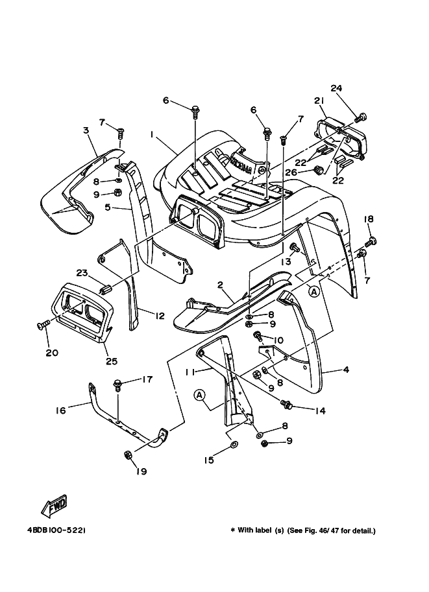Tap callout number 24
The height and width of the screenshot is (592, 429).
point(336,88)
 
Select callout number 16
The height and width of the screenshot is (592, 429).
point(60,410)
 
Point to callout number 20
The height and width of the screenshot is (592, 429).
point(51,353)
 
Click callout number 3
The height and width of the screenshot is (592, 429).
point(86,131)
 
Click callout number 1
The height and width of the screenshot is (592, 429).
point(151,136)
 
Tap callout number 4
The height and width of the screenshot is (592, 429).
point(346,370)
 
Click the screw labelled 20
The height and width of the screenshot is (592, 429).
point(43,324)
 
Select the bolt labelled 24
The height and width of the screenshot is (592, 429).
point(362,117)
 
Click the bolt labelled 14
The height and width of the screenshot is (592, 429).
point(285,405)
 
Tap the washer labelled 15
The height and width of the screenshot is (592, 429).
point(234,447)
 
